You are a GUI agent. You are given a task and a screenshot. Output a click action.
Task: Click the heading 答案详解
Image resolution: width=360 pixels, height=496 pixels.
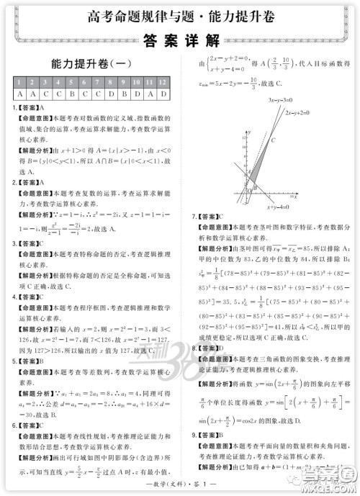tap(179, 40)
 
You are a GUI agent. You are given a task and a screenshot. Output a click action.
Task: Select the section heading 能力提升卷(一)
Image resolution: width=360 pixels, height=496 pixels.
tap(91, 63)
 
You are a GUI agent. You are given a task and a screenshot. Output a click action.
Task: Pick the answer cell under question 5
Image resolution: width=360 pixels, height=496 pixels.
tap(73, 94)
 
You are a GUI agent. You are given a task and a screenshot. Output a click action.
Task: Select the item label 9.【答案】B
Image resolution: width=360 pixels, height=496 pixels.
tap(208, 436)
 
